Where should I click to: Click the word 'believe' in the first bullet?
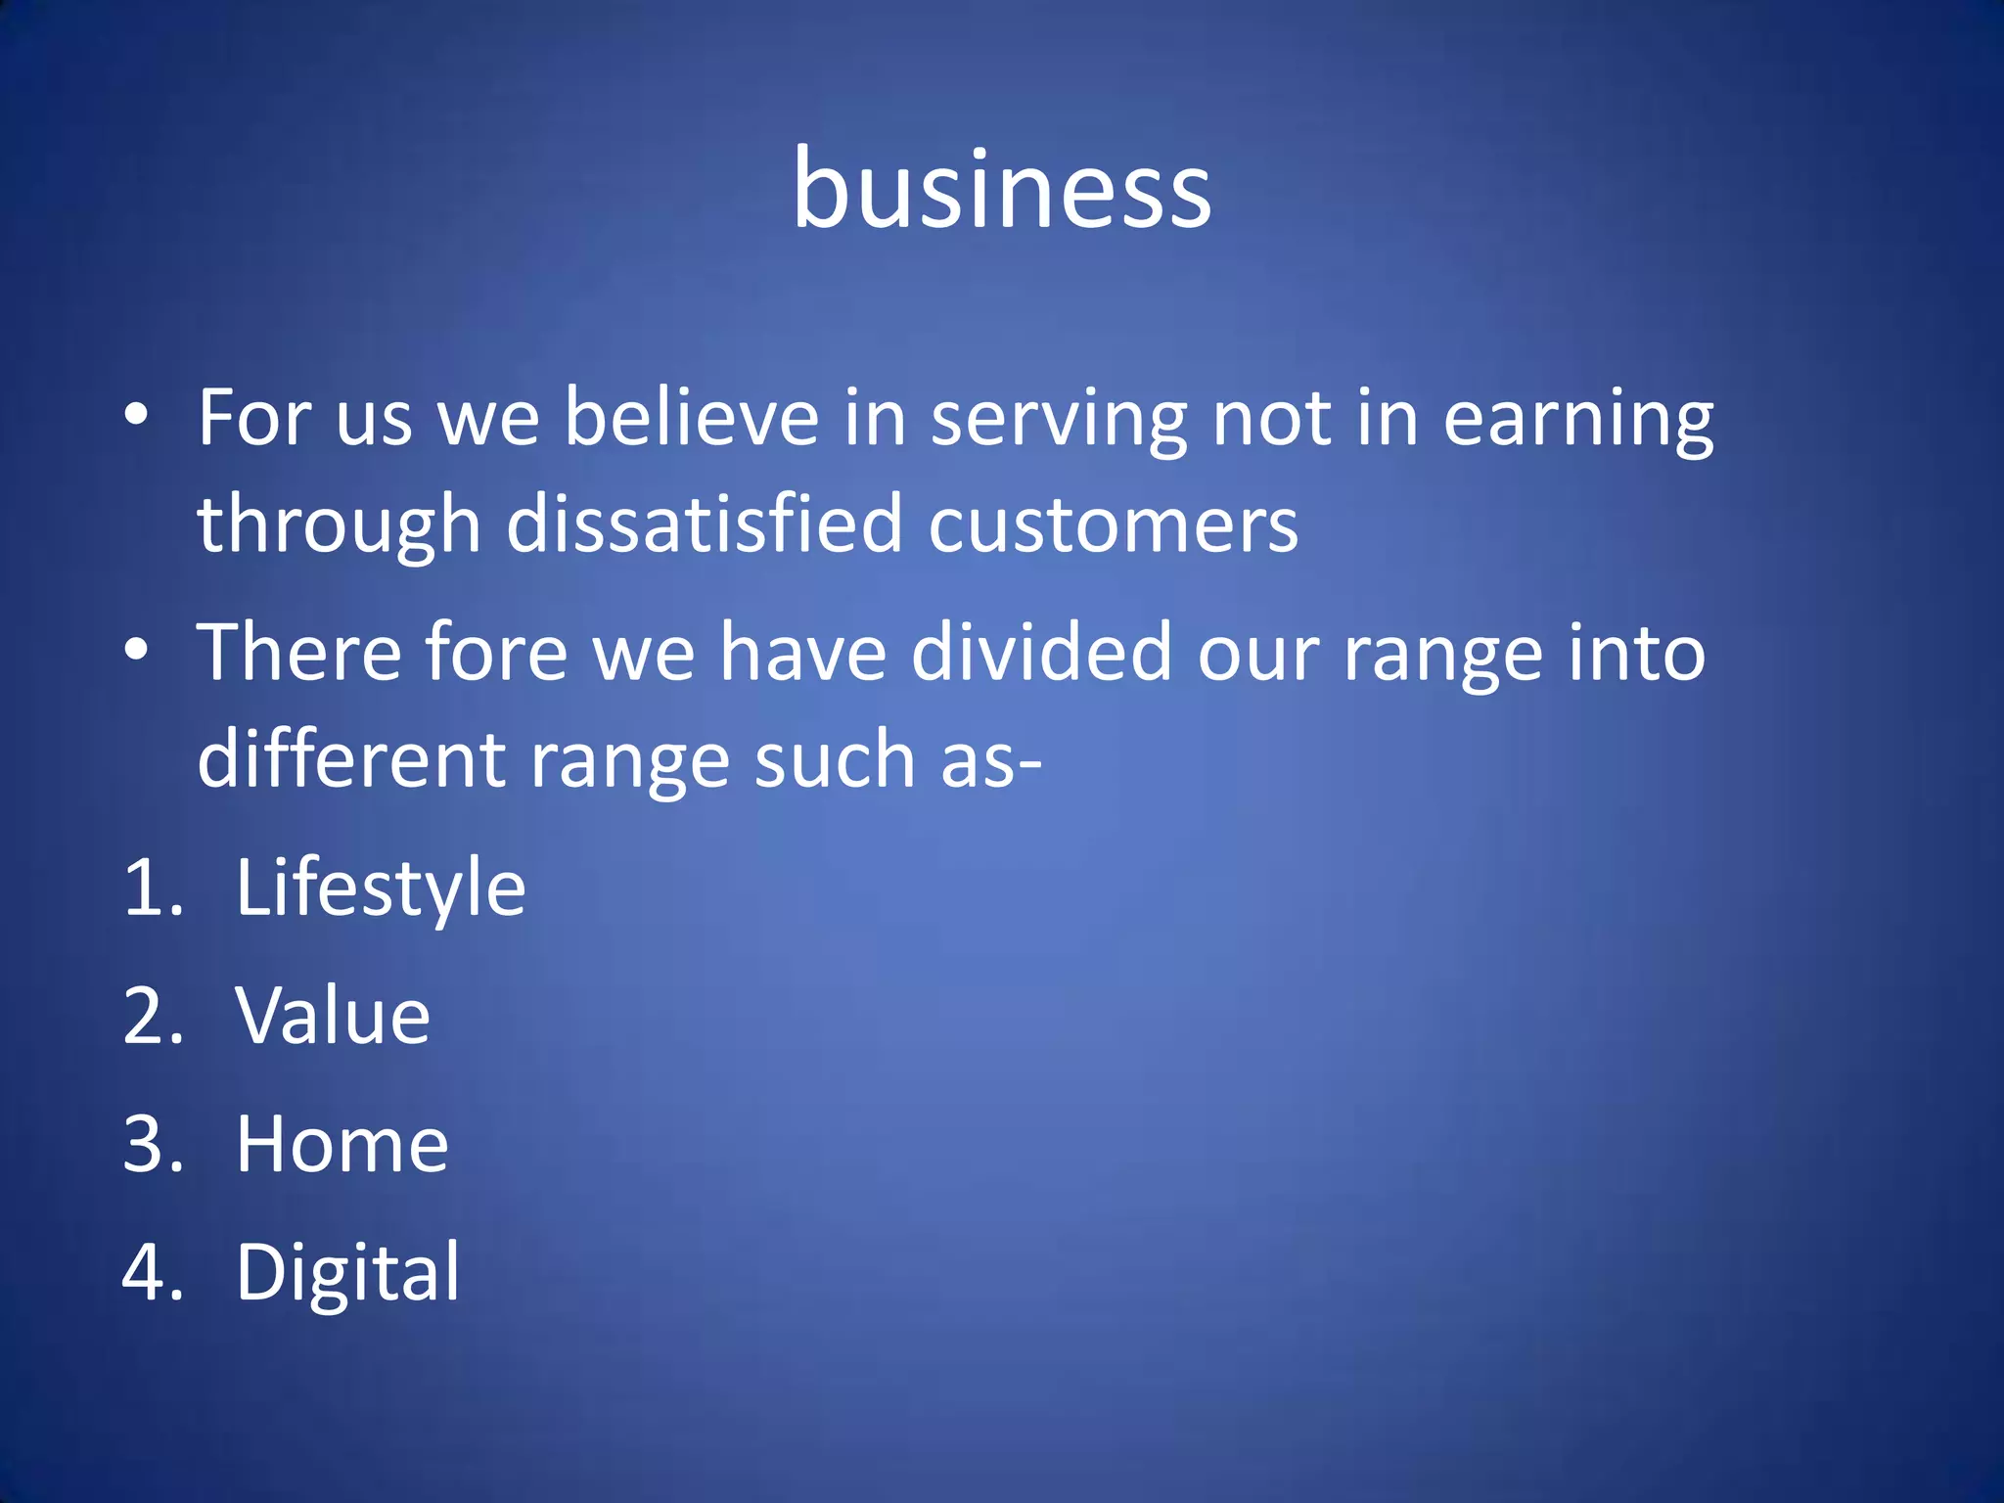(691, 418)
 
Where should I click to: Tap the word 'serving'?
(1059, 421)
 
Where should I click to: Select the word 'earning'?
(1578, 421)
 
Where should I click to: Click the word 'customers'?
(1113, 525)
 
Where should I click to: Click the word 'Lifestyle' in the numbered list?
(381, 888)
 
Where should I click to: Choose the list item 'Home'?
(342, 1144)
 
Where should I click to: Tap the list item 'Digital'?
(347, 1273)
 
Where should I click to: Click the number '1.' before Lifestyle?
(153, 888)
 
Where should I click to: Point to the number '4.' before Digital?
(153, 1273)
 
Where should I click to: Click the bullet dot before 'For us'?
(137, 416)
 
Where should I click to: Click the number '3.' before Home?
(153, 1144)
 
